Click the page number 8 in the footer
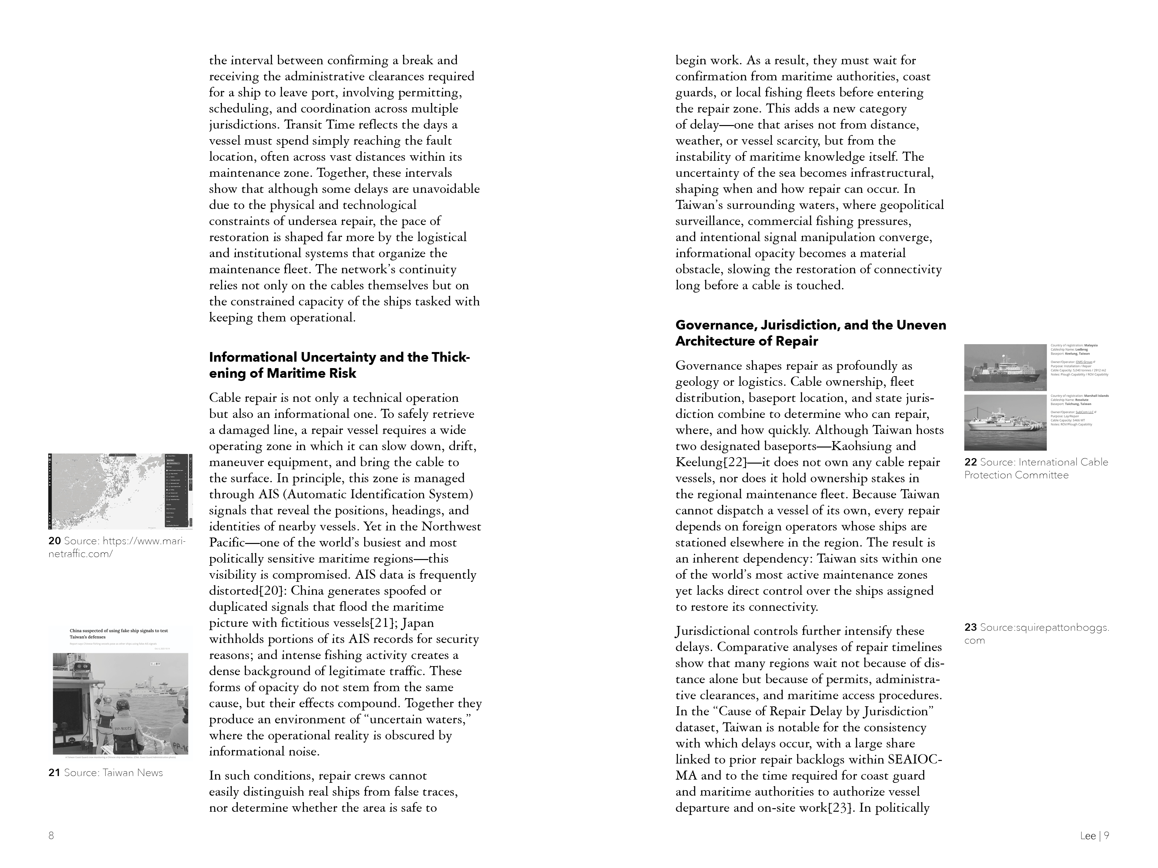pyautogui.click(x=51, y=836)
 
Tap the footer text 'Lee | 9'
pyautogui.click(x=1094, y=836)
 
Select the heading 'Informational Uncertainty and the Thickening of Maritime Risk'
pyautogui.click(x=339, y=365)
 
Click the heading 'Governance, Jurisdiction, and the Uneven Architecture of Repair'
pyautogui.click(x=810, y=333)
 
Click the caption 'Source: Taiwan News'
pyautogui.click(x=113, y=773)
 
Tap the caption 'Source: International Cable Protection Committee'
pyautogui.click(x=1036, y=468)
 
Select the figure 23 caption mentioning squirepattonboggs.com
pyautogui.click(x=1036, y=634)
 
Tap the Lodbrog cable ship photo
pyautogui.click(x=1005, y=367)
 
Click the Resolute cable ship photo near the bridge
pyautogui.click(x=1005, y=422)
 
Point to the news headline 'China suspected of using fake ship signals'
pyautogui.click(x=119, y=634)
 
